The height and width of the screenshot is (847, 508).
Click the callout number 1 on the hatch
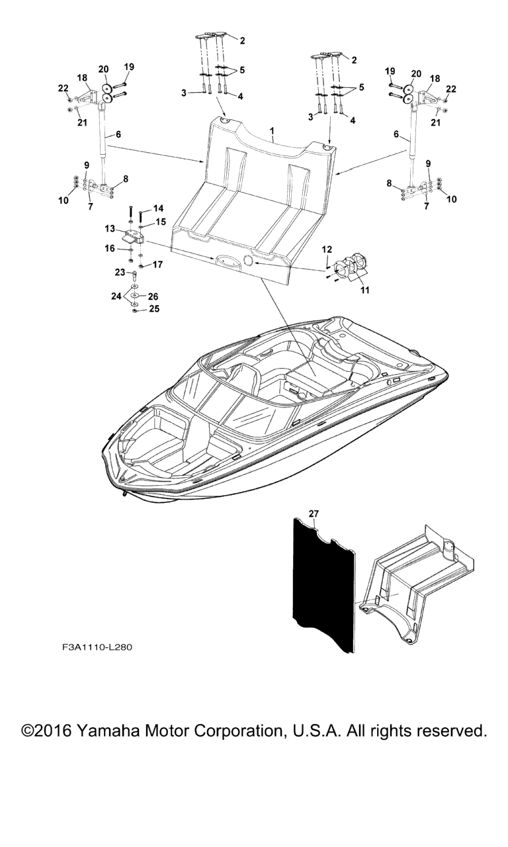click(271, 131)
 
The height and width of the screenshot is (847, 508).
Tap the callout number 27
click(314, 513)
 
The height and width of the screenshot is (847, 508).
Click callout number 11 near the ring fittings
click(364, 290)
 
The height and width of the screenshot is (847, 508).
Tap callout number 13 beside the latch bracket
click(110, 229)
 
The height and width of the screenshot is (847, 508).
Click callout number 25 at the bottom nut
click(154, 308)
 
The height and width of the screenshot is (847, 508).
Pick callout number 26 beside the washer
click(153, 296)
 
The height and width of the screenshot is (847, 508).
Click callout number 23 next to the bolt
click(120, 272)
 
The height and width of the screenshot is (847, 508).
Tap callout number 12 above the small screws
click(327, 249)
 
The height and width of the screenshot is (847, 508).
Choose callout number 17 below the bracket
click(157, 264)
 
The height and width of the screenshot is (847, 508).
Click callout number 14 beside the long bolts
click(158, 208)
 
